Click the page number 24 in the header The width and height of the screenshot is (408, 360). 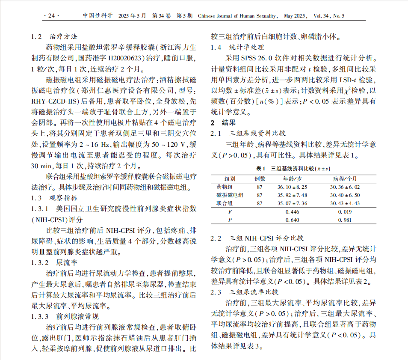pyautogui.click(x=51, y=16)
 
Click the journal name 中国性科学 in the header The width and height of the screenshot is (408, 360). pyautogui.click(x=98, y=16)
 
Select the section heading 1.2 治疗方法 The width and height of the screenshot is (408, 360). pyautogui.click(x=54, y=36)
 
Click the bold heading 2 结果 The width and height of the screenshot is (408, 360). pyautogui.click(x=222, y=123)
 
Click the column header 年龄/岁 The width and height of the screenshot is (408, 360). pyautogui.click(x=293, y=179)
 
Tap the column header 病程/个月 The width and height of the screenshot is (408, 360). pyautogui.click(x=345, y=179)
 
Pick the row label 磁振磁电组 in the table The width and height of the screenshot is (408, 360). pyautogui.click(x=230, y=195)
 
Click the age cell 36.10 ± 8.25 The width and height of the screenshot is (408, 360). pyautogui.click(x=293, y=187)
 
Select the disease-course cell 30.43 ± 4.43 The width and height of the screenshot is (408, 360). pyautogui.click(x=345, y=203)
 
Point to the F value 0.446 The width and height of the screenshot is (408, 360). pyautogui.click(x=293, y=211)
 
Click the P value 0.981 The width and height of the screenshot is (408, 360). pyautogui.click(x=345, y=220)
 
